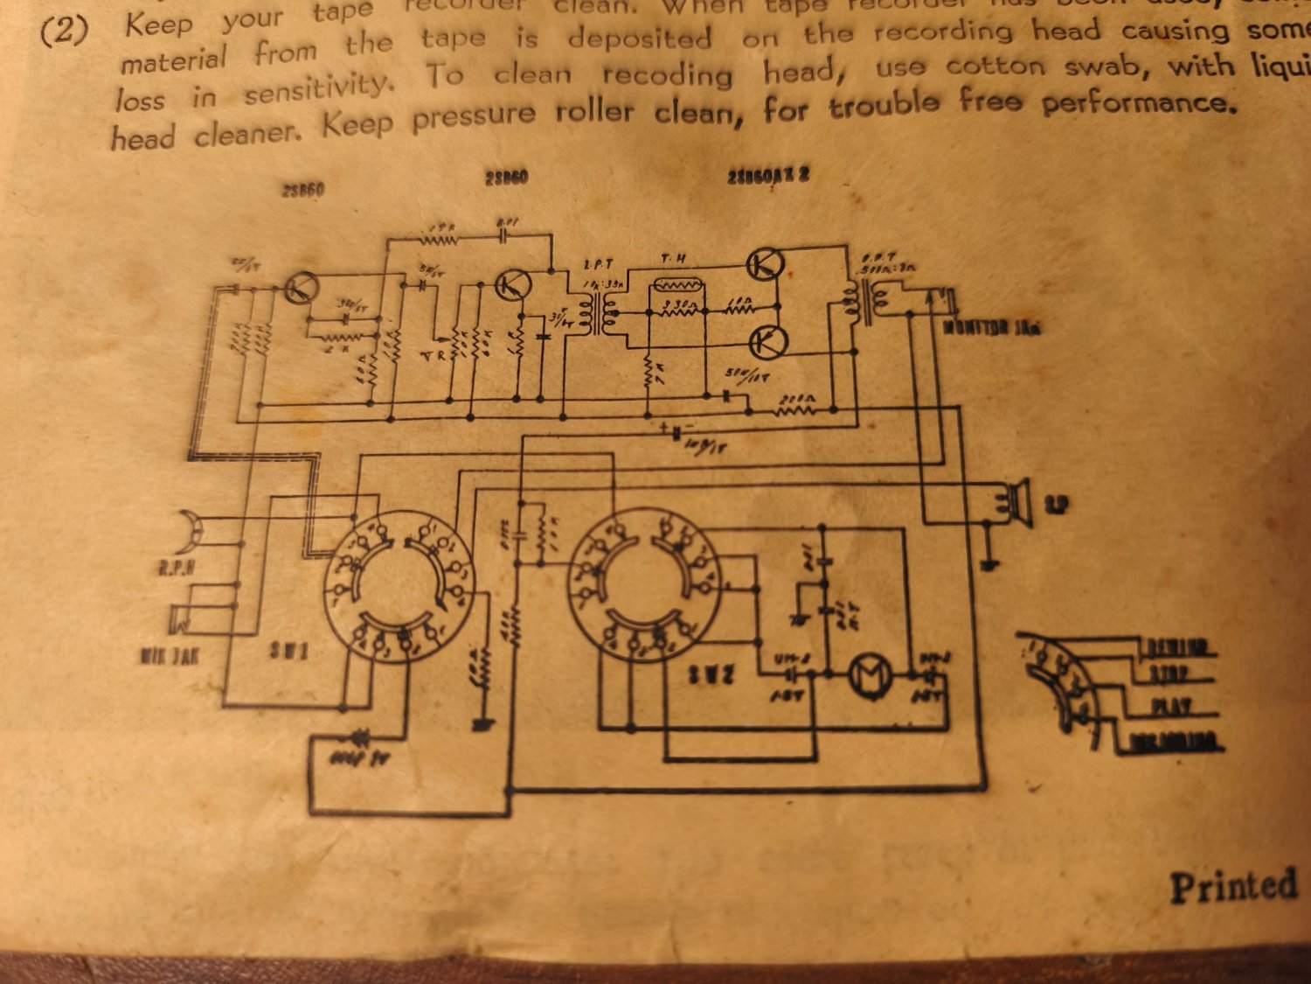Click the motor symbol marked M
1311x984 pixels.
click(871, 675)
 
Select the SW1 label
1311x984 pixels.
click(288, 651)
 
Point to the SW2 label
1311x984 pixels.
click(711, 674)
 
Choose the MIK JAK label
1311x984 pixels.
click(170, 655)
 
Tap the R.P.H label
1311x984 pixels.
click(176, 569)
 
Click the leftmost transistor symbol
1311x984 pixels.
click(301, 287)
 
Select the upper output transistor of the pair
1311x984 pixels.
click(766, 263)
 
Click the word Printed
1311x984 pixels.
click(1233, 886)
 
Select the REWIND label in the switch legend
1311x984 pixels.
click(1177, 648)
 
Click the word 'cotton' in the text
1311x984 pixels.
click(995, 66)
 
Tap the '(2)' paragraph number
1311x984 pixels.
click(65, 31)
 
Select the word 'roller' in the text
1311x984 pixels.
click(593, 113)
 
